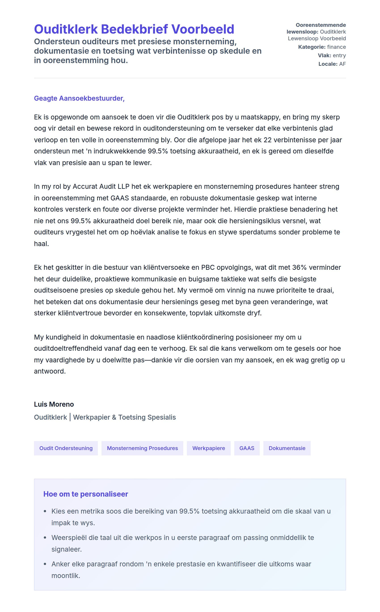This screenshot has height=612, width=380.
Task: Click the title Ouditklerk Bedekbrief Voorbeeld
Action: (x=134, y=29)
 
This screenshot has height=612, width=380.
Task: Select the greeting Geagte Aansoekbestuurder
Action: (x=79, y=98)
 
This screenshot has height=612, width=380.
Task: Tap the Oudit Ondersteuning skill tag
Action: (x=66, y=448)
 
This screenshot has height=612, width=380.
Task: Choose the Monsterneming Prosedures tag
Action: (x=142, y=448)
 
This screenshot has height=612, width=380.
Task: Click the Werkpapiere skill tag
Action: (x=209, y=448)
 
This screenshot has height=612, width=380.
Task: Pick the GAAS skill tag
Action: (x=247, y=448)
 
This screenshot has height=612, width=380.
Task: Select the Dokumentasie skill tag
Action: (x=287, y=448)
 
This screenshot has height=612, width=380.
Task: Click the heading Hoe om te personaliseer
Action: (x=86, y=494)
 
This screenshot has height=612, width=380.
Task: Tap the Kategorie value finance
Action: (x=336, y=47)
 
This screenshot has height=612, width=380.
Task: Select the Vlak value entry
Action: (x=339, y=55)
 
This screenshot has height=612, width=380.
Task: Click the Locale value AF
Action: (x=342, y=64)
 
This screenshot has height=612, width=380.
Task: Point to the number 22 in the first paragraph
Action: (x=267, y=140)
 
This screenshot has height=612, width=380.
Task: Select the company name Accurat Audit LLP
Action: (x=101, y=186)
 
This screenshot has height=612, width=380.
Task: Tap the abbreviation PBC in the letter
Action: (x=208, y=267)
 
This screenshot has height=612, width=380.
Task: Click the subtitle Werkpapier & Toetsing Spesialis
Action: (x=125, y=417)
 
